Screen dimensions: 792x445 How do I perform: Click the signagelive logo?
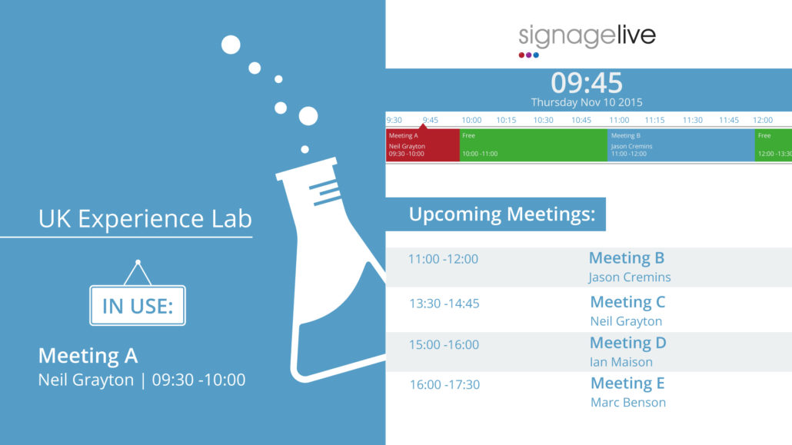pos(587,41)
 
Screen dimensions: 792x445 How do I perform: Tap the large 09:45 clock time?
pos(587,83)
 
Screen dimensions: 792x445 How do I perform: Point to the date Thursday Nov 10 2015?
pos(587,102)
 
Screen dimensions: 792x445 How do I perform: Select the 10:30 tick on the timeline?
pos(543,120)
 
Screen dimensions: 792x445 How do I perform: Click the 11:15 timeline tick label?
pos(654,120)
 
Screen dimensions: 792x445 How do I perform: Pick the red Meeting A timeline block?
pos(423,145)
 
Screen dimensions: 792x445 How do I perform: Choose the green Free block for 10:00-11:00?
pos(534,145)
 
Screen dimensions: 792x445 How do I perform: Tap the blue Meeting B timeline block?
pos(681,145)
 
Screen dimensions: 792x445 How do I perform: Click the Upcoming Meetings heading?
pos(501,214)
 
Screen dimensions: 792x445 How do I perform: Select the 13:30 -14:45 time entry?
pos(444,304)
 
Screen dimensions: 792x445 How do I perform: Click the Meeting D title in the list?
pos(628,343)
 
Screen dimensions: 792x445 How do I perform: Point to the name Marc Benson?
pos(628,403)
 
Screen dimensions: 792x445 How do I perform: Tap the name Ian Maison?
pos(621,362)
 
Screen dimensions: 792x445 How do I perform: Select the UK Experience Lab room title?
pos(145,219)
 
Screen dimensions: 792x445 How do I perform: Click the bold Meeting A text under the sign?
pos(88,356)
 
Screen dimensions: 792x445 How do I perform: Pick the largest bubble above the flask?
pos(308,116)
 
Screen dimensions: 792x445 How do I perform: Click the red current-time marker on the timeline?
pos(423,126)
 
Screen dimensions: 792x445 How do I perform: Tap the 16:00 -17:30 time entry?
pos(444,385)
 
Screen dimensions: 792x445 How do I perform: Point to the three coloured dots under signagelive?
pos(528,55)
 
